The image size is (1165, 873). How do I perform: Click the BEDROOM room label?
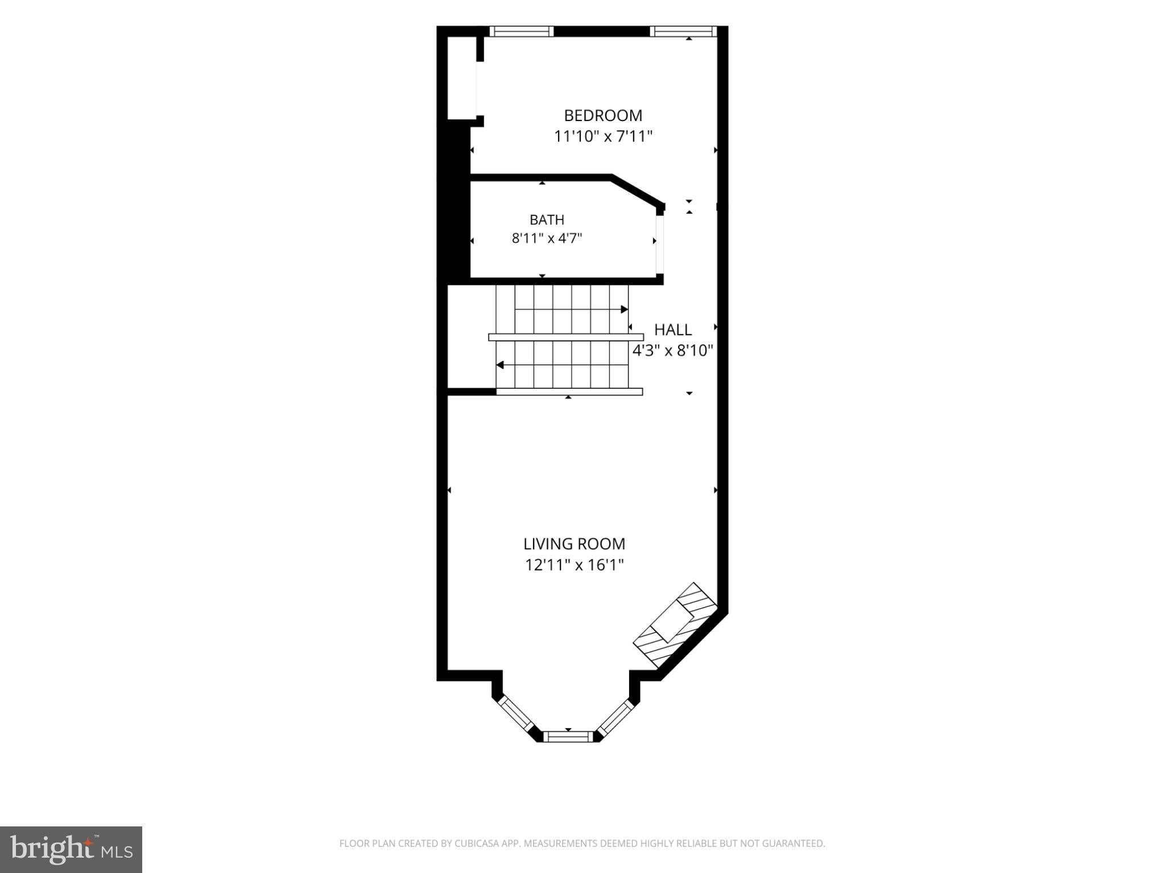(603, 115)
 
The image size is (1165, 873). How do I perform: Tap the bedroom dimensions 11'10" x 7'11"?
(603, 136)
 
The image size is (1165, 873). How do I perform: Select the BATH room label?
(547, 219)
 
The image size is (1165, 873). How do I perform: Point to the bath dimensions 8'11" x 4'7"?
(547, 238)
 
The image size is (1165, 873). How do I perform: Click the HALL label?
(673, 330)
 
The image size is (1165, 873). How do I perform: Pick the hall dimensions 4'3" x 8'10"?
(673, 350)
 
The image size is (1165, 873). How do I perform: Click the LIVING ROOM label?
(574, 544)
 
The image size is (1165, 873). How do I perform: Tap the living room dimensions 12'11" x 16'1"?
(574, 565)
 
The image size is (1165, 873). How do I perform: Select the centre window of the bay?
(568, 737)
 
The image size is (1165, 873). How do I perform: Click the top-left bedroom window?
(522, 31)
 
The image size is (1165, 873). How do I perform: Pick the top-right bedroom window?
(681, 31)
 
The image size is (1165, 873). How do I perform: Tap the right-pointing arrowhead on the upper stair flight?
(624, 309)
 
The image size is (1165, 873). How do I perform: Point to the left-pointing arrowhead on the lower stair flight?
(500, 365)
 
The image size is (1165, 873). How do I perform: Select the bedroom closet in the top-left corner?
(462, 78)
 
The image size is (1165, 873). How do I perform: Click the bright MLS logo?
(71, 850)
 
